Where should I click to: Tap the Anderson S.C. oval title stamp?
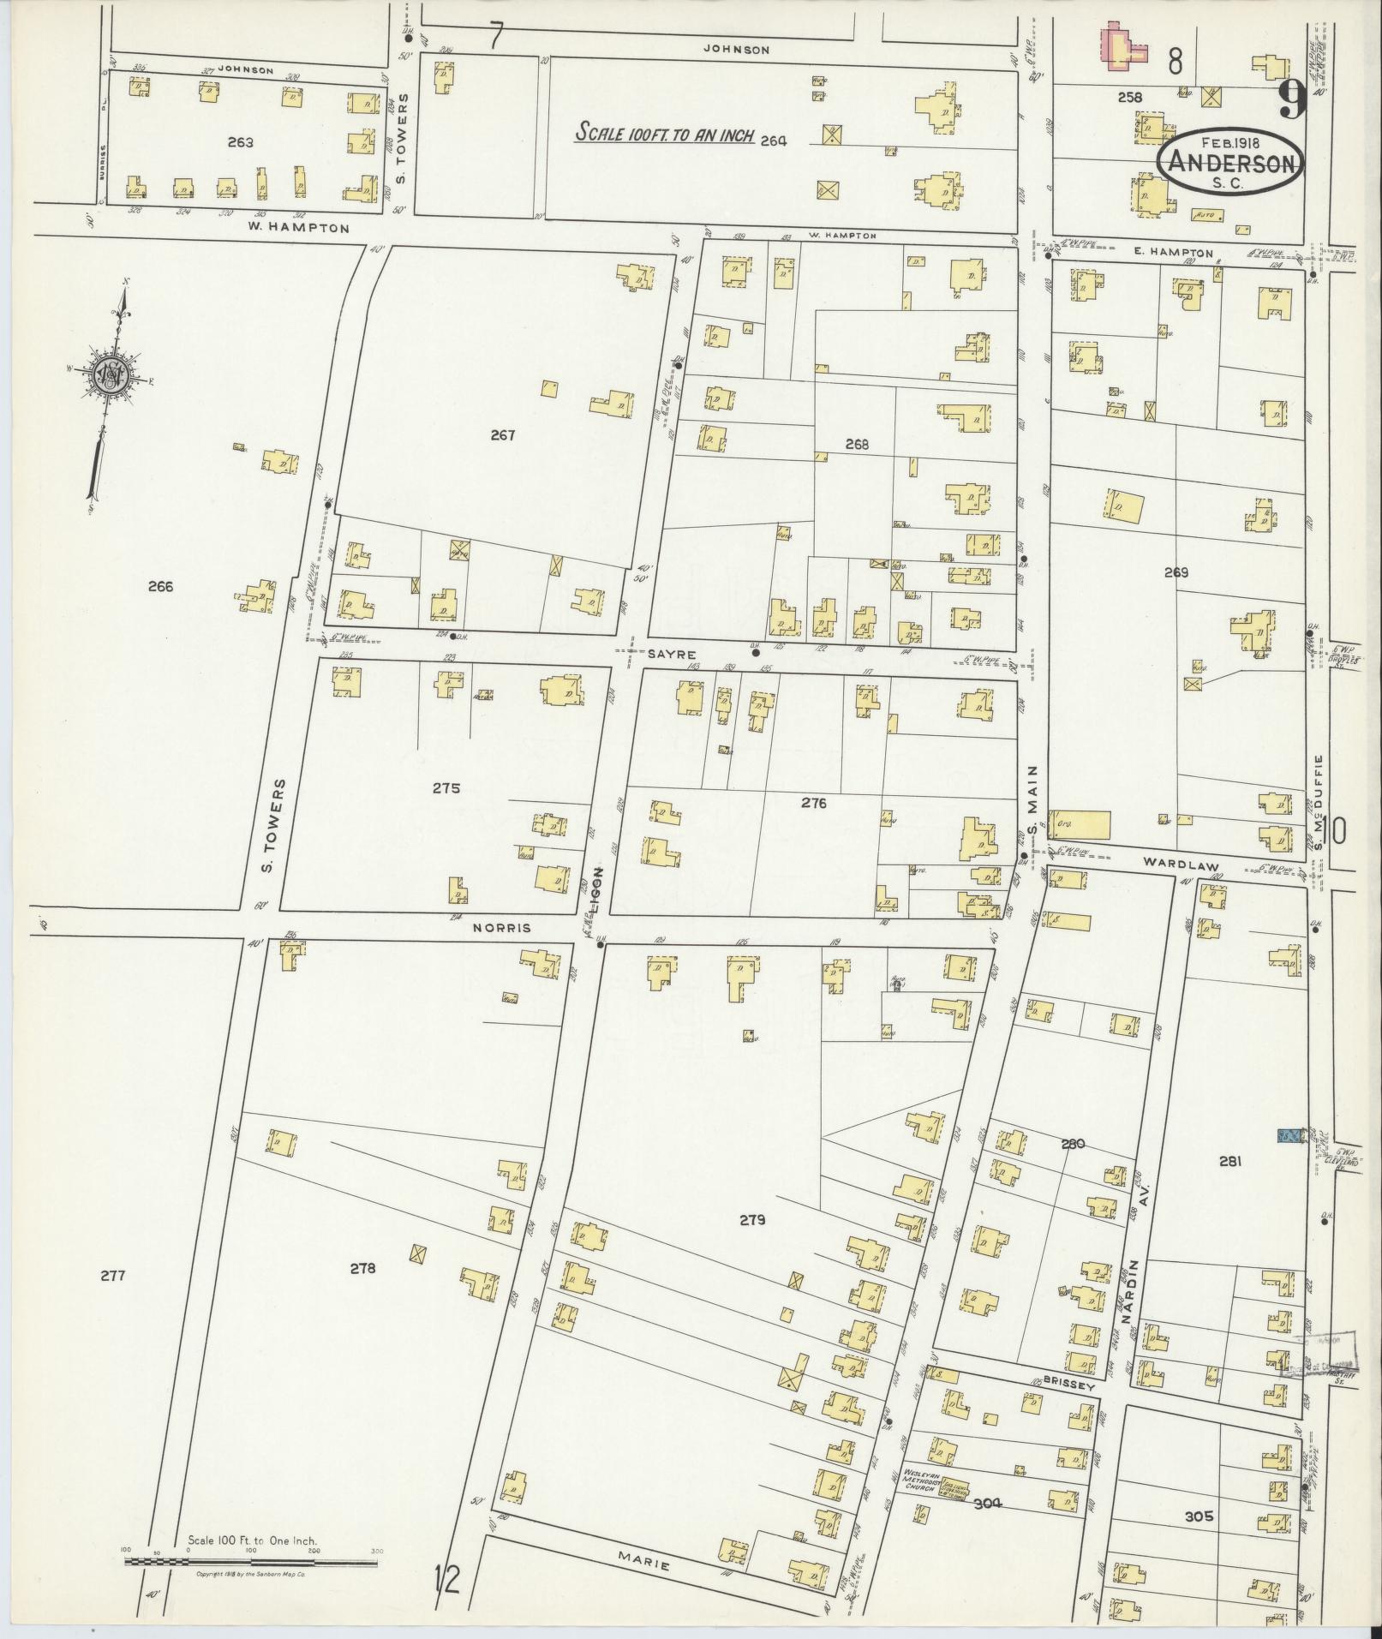tap(1229, 164)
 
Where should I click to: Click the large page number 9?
tap(1290, 100)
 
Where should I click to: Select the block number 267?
tap(503, 435)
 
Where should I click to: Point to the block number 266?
tap(160, 587)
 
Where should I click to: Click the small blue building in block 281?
tap(1288, 1135)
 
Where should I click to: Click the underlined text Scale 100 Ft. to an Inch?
tap(664, 135)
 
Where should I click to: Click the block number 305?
tap(1199, 1516)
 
